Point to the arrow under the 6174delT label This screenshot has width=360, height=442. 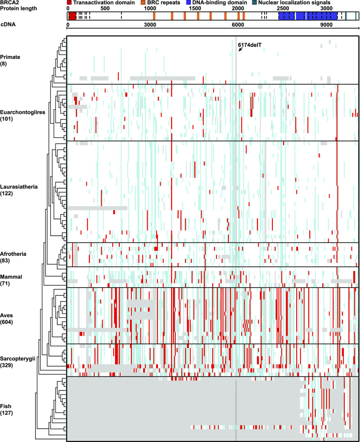240,50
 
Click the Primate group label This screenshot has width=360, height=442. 10,57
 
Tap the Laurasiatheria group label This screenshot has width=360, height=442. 19,187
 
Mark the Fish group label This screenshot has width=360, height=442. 6,406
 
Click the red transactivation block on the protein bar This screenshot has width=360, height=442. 72,16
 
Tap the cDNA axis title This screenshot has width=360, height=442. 8,26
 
